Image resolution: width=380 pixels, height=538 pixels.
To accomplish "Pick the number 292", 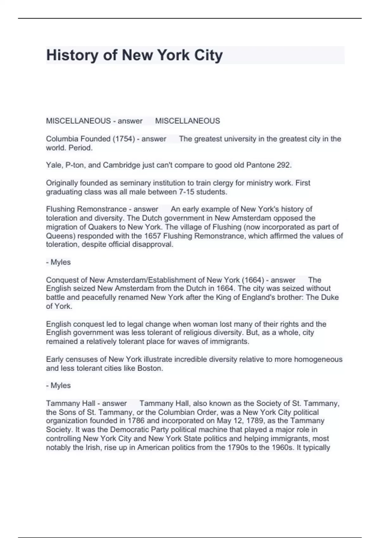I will (x=283, y=165).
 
